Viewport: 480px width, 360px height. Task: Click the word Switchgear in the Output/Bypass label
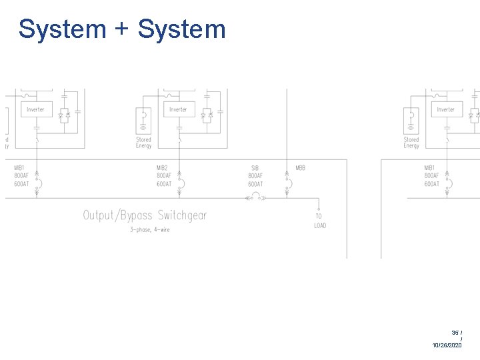(x=182, y=215)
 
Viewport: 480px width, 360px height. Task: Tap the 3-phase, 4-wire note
(x=149, y=230)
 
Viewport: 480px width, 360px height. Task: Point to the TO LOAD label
(x=320, y=221)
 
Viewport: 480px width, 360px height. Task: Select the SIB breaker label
(x=255, y=168)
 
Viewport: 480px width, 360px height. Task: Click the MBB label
(x=300, y=167)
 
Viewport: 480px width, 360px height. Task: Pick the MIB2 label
(x=163, y=167)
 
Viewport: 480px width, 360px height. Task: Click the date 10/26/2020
(x=447, y=345)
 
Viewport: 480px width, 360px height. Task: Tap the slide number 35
(x=455, y=332)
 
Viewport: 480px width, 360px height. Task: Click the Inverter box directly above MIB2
(x=179, y=109)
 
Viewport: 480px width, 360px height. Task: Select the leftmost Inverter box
(x=36, y=109)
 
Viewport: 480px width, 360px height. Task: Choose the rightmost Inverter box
(x=446, y=109)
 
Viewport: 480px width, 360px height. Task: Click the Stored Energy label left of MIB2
(x=143, y=143)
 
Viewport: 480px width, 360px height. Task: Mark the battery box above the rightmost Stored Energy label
(x=411, y=121)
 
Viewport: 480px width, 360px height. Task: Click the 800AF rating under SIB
(x=255, y=176)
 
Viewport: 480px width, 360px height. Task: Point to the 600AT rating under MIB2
(x=164, y=184)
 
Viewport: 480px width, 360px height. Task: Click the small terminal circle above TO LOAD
(x=319, y=208)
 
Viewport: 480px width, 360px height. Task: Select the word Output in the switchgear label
(x=100, y=215)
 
